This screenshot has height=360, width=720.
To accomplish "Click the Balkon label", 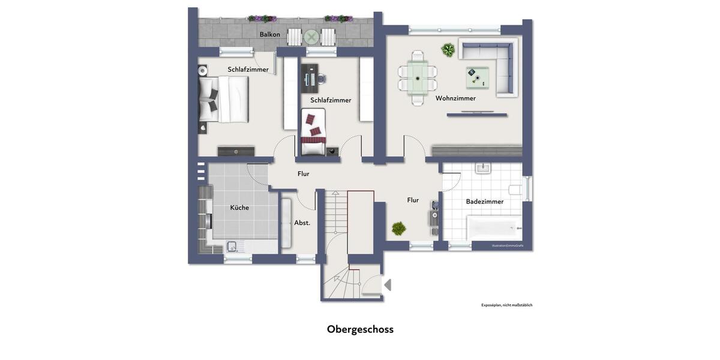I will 269,35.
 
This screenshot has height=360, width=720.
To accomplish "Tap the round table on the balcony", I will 311,37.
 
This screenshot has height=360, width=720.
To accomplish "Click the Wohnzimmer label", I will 455,98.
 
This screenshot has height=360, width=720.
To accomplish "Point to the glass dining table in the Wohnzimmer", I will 418,77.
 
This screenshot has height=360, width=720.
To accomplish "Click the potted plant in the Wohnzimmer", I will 448,50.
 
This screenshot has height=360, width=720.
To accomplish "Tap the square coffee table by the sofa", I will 477,77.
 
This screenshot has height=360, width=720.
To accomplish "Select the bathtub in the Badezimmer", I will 494,228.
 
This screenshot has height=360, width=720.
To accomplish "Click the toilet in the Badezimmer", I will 515,190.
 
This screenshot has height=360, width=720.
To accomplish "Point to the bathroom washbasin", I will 484,168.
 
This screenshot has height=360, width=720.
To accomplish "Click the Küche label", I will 239,208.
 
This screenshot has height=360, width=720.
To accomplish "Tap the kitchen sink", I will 231,245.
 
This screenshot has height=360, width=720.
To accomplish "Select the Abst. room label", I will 302,223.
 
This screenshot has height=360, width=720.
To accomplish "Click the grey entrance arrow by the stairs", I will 387,285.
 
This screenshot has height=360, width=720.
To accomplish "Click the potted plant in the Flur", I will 398,229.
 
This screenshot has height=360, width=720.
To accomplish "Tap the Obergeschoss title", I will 360,329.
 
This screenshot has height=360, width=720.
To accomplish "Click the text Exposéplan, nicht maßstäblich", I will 506,305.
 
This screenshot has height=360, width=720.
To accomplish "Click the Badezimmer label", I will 485,202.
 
